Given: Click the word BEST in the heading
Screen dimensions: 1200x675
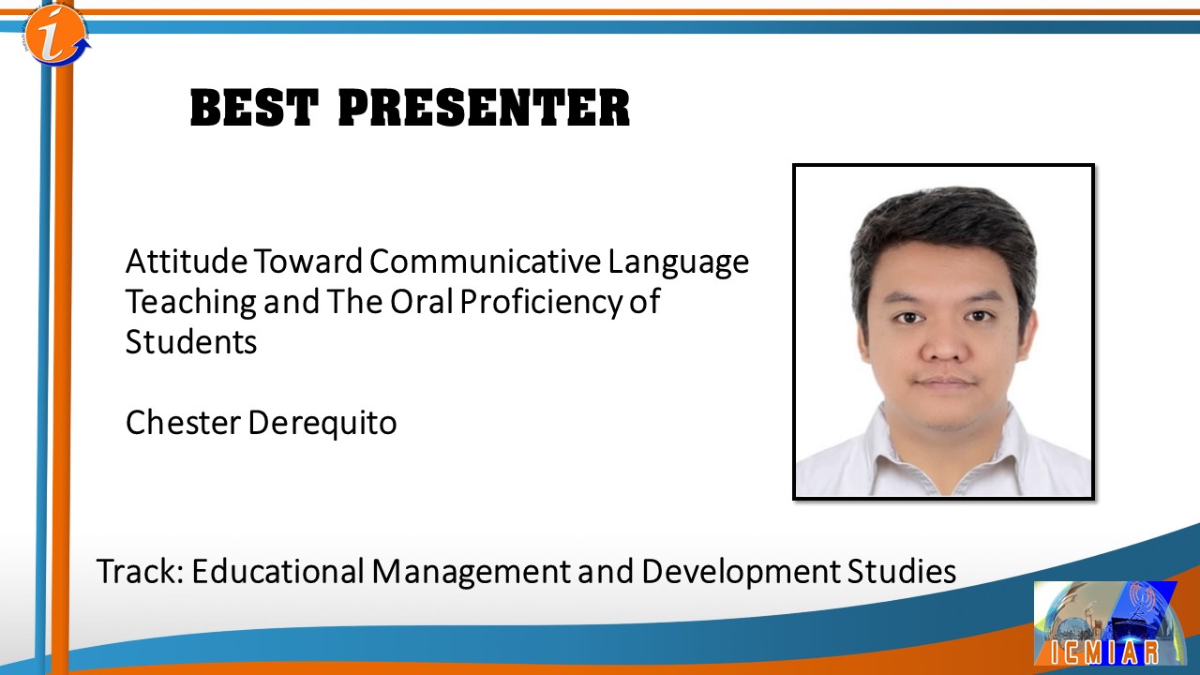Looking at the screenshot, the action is pos(255,108).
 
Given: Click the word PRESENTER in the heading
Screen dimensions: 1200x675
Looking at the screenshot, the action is pos(485,108).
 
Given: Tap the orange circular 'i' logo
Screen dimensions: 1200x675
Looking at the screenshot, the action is pos(56,35).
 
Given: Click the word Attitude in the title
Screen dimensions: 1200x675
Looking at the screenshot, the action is pos(187,262).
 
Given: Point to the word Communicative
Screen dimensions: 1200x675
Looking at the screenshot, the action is pos(485,262).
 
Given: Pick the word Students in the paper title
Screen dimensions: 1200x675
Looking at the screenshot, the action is pos(191,341).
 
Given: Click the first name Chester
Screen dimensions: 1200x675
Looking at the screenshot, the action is pos(183,422).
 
